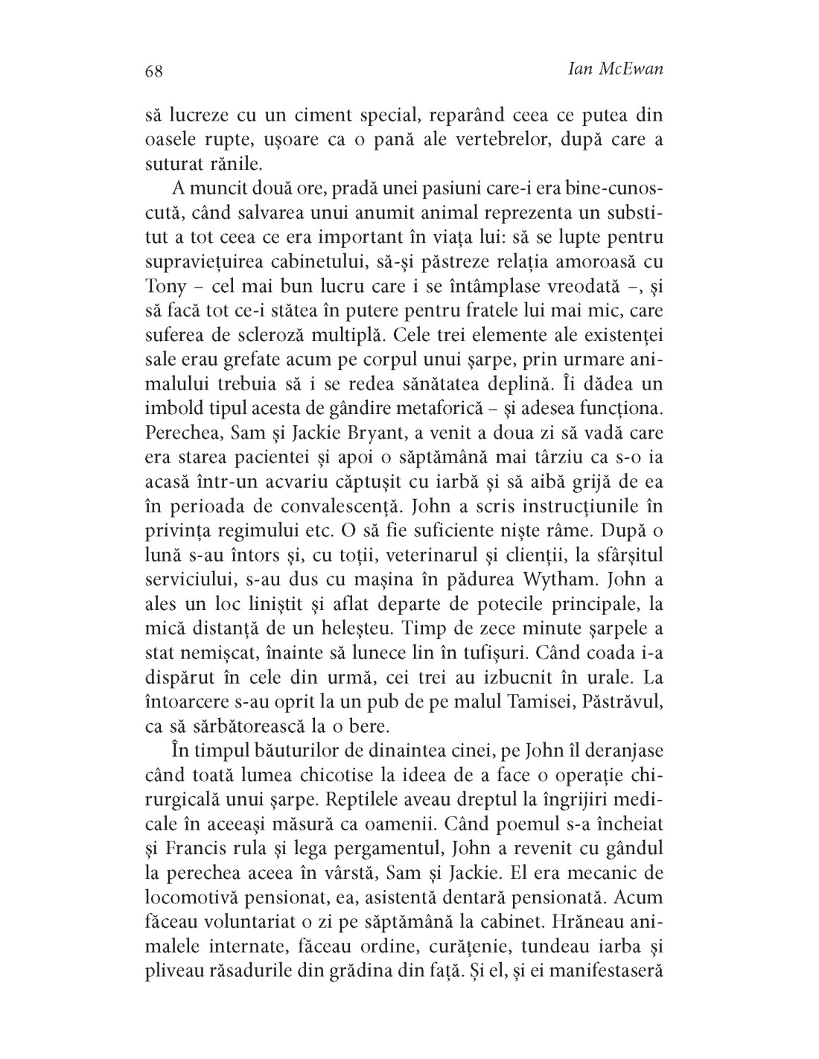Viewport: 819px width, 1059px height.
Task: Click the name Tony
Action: coord(164,287)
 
